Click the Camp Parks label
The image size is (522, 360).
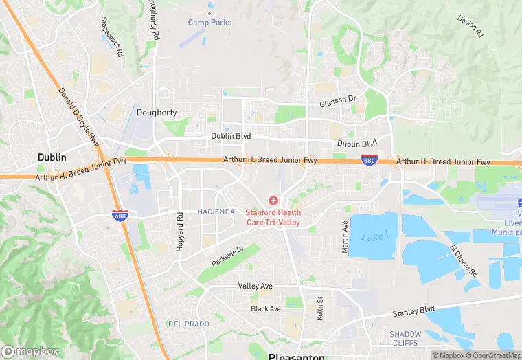click(x=210, y=23)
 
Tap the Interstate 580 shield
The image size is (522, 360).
click(x=369, y=160)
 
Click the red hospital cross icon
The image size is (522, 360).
click(x=273, y=201)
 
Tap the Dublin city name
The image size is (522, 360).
click(x=52, y=157)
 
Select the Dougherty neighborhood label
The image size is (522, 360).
click(x=157, y=113)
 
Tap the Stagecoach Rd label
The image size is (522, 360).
click(x=111, y=37)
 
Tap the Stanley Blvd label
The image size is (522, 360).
click(x=413, y=311)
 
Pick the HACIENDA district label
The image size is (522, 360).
click(x=216, y=212)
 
